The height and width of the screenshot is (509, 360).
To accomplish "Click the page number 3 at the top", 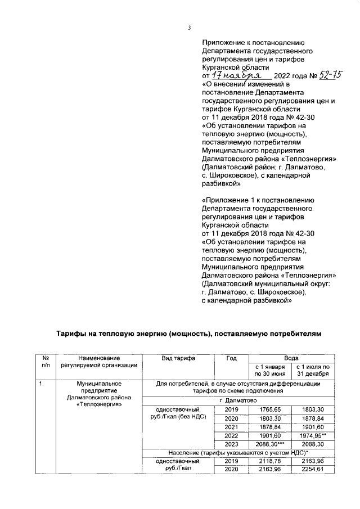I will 190,29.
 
